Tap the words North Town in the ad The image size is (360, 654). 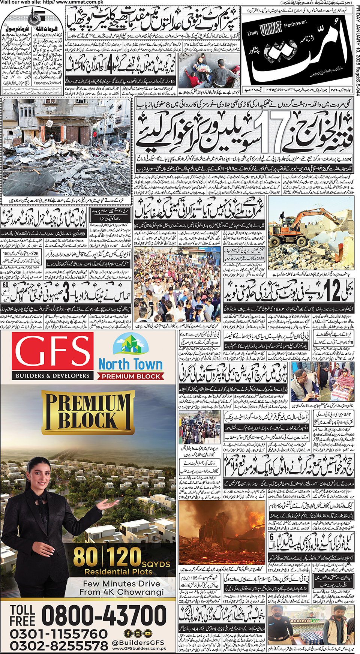click(130, 364)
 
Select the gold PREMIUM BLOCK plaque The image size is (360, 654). click(88, 411)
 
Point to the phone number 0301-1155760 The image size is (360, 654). click(58, 634)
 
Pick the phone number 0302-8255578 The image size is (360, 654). click(58, 646)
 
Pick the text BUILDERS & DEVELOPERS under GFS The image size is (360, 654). click(52, 375)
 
